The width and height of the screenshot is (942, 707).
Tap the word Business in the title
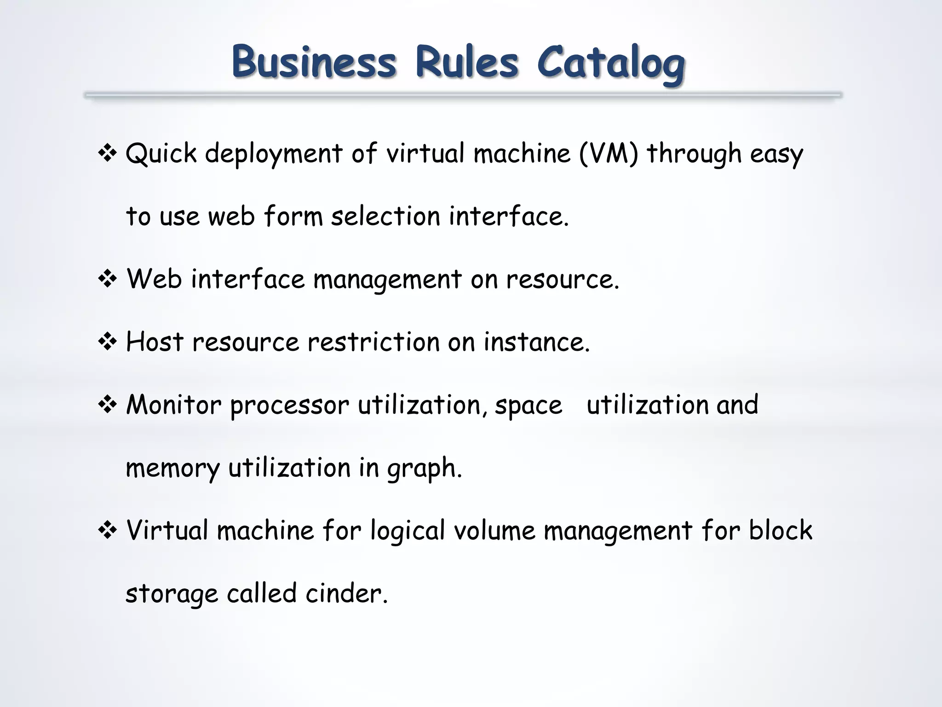[x=314, y=62]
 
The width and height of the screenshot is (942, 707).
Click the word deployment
[x=274, y=154]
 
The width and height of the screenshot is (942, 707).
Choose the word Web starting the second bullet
[x=154, y=279]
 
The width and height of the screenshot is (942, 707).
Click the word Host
[x=155, y=342]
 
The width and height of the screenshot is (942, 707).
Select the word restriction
[x=373, y=342]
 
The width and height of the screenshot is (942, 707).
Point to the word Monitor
[x=173, y=405]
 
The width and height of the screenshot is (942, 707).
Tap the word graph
[x=424, y=469]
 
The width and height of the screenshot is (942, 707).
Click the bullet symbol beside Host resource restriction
[x=107, y=342]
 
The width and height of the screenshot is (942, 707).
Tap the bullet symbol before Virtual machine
[x=107, y=531]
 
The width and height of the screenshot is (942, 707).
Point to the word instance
[x=536, y=342]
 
